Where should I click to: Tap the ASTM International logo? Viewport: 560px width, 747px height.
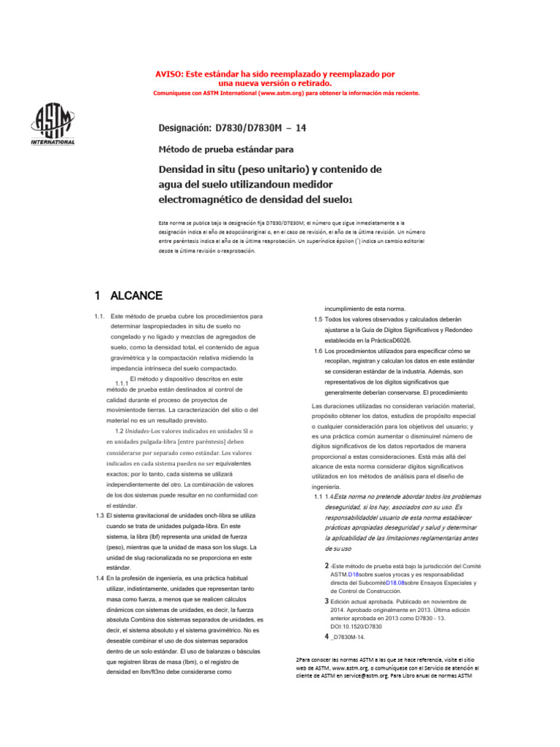click(x=52, y=123)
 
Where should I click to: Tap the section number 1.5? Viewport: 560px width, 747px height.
click(x=319, y=320)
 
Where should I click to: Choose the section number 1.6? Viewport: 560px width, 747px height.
click(x=319, y=351)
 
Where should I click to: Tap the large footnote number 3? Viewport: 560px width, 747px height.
click(x=327, y=600)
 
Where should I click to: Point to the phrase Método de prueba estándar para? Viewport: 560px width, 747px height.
click(x=226, y=150)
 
